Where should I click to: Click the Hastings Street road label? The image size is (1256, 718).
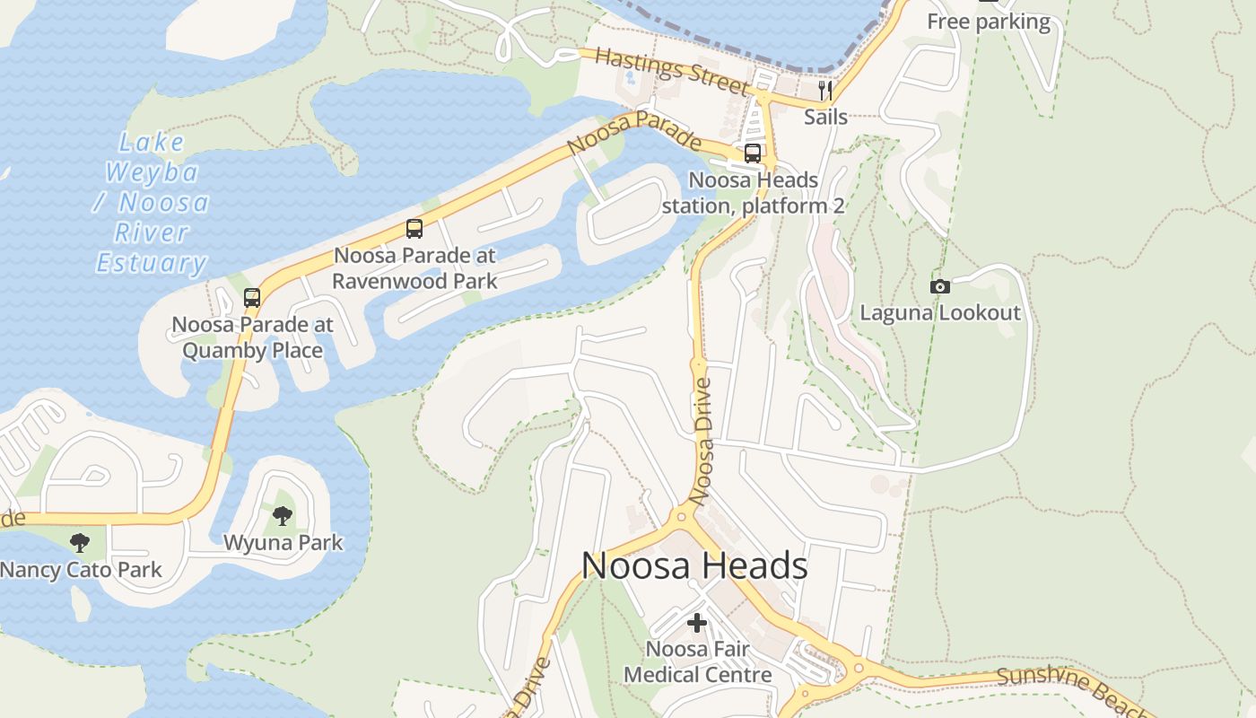671,71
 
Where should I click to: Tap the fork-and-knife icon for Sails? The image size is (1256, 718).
825,91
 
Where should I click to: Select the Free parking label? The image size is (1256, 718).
988,22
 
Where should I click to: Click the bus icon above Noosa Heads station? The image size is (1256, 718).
753,153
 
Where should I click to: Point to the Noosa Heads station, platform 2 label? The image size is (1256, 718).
753,193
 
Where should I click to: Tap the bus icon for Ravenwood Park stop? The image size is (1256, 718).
414,228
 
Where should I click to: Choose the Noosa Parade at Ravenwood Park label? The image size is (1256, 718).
414,267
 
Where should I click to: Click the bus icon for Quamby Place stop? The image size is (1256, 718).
252,297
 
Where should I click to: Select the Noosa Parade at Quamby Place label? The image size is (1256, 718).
252,337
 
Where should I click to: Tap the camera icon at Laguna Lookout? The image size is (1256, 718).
940,286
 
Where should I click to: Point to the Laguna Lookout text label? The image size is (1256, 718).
940,312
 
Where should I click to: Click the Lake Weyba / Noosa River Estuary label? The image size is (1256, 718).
152,203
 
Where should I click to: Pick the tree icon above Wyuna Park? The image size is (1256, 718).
283,516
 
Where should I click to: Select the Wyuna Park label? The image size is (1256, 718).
283,542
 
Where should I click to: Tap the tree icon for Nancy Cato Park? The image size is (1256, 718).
80,542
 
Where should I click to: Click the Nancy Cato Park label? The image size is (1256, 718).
81,569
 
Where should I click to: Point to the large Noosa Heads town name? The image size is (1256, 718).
694,565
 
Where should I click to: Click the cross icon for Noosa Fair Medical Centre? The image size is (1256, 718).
697,622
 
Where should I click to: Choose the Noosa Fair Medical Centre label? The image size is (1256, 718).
697,661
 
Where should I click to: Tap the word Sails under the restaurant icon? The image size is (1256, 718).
825,117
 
